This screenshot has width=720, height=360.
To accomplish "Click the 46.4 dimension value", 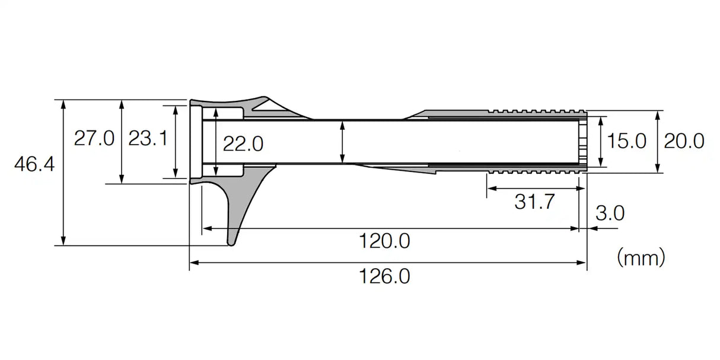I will (34, 164).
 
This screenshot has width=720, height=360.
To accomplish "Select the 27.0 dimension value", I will (94, 139).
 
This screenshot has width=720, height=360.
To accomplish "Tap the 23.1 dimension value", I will (148, 139).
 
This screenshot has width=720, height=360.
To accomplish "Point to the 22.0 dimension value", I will (243, 143).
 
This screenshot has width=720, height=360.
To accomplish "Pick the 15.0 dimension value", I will (626, 141).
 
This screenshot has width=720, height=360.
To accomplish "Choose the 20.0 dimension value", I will (684, 141).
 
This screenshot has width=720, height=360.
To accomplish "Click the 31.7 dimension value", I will (534, 202).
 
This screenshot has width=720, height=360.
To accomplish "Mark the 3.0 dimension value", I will (609, 213).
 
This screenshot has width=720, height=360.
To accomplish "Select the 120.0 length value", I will (385, 241).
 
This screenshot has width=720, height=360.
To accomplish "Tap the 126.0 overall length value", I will (385, 276).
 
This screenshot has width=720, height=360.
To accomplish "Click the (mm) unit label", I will (641, 257).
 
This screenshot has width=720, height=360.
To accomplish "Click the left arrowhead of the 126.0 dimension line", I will (193, 262).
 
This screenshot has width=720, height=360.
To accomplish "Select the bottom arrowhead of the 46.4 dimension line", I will (63, 241).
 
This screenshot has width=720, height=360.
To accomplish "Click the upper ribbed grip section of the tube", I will (537, 111).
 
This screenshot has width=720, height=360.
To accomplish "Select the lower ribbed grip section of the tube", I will (537, 171).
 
